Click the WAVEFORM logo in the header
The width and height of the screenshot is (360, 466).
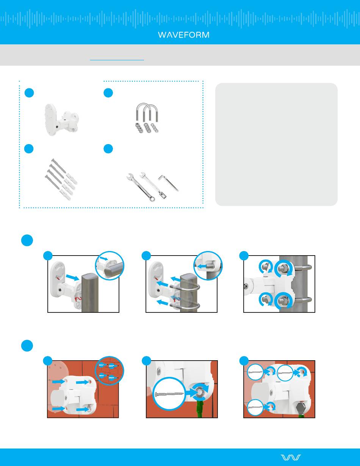[184, 35]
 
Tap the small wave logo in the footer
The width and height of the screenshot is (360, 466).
[291, 457]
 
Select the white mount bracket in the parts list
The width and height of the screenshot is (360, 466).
[61, 119]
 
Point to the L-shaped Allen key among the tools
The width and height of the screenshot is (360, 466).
[168, 183]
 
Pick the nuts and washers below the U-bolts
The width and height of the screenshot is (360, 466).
[147, 128]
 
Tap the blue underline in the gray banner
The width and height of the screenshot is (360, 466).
[117, 60]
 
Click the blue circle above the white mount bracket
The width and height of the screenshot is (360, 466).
[29, 93]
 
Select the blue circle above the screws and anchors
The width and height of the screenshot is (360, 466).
[29, 149]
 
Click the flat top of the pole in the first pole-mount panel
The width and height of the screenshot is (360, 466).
[90, 277]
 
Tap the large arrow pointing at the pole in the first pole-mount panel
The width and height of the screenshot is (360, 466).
[73, 278]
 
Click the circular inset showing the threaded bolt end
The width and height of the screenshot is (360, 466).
[208, 266]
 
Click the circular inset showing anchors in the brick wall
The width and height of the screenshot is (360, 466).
[110, 371]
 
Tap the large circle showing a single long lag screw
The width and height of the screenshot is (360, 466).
[169, 394]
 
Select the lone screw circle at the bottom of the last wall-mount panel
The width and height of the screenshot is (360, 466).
[255, 407]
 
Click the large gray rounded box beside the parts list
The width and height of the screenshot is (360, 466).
[276, 144]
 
